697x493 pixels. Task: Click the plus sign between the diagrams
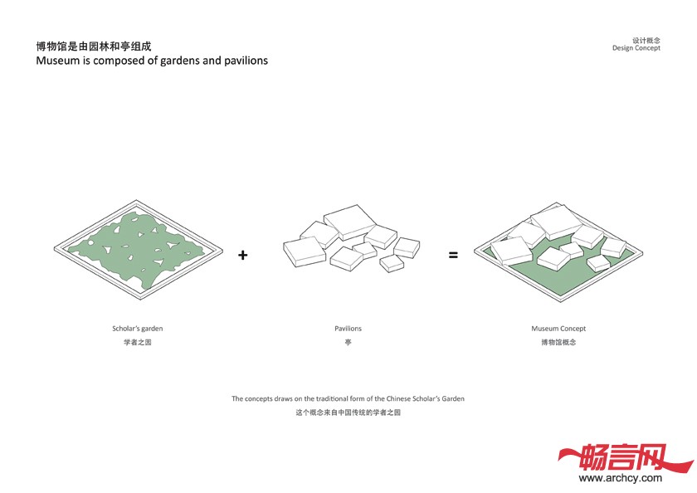[x=243, y=255]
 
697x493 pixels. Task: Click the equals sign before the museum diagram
[x=453, y=255]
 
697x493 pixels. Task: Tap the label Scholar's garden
[x=138, y=329]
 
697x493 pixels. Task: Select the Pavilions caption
[x=348, y=329]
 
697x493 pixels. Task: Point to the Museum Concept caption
[x=558, y=329]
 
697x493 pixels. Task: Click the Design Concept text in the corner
[x=636, y=48]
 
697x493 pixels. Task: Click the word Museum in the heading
[x=58, y=61]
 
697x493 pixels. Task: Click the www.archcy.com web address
[x=621, y=477]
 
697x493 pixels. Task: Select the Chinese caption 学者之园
[x=138, y=342]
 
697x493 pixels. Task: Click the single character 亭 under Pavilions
[x=348, y=342]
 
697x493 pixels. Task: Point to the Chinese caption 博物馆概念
[x=558, y=342]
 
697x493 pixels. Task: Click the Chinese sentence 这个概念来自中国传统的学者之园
[x=348, y=412]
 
